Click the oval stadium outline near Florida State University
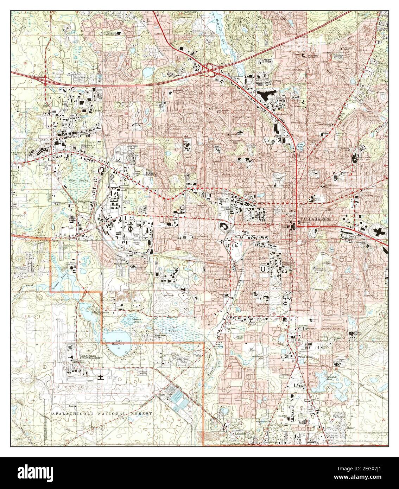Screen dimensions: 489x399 click(x=224, y=226)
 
